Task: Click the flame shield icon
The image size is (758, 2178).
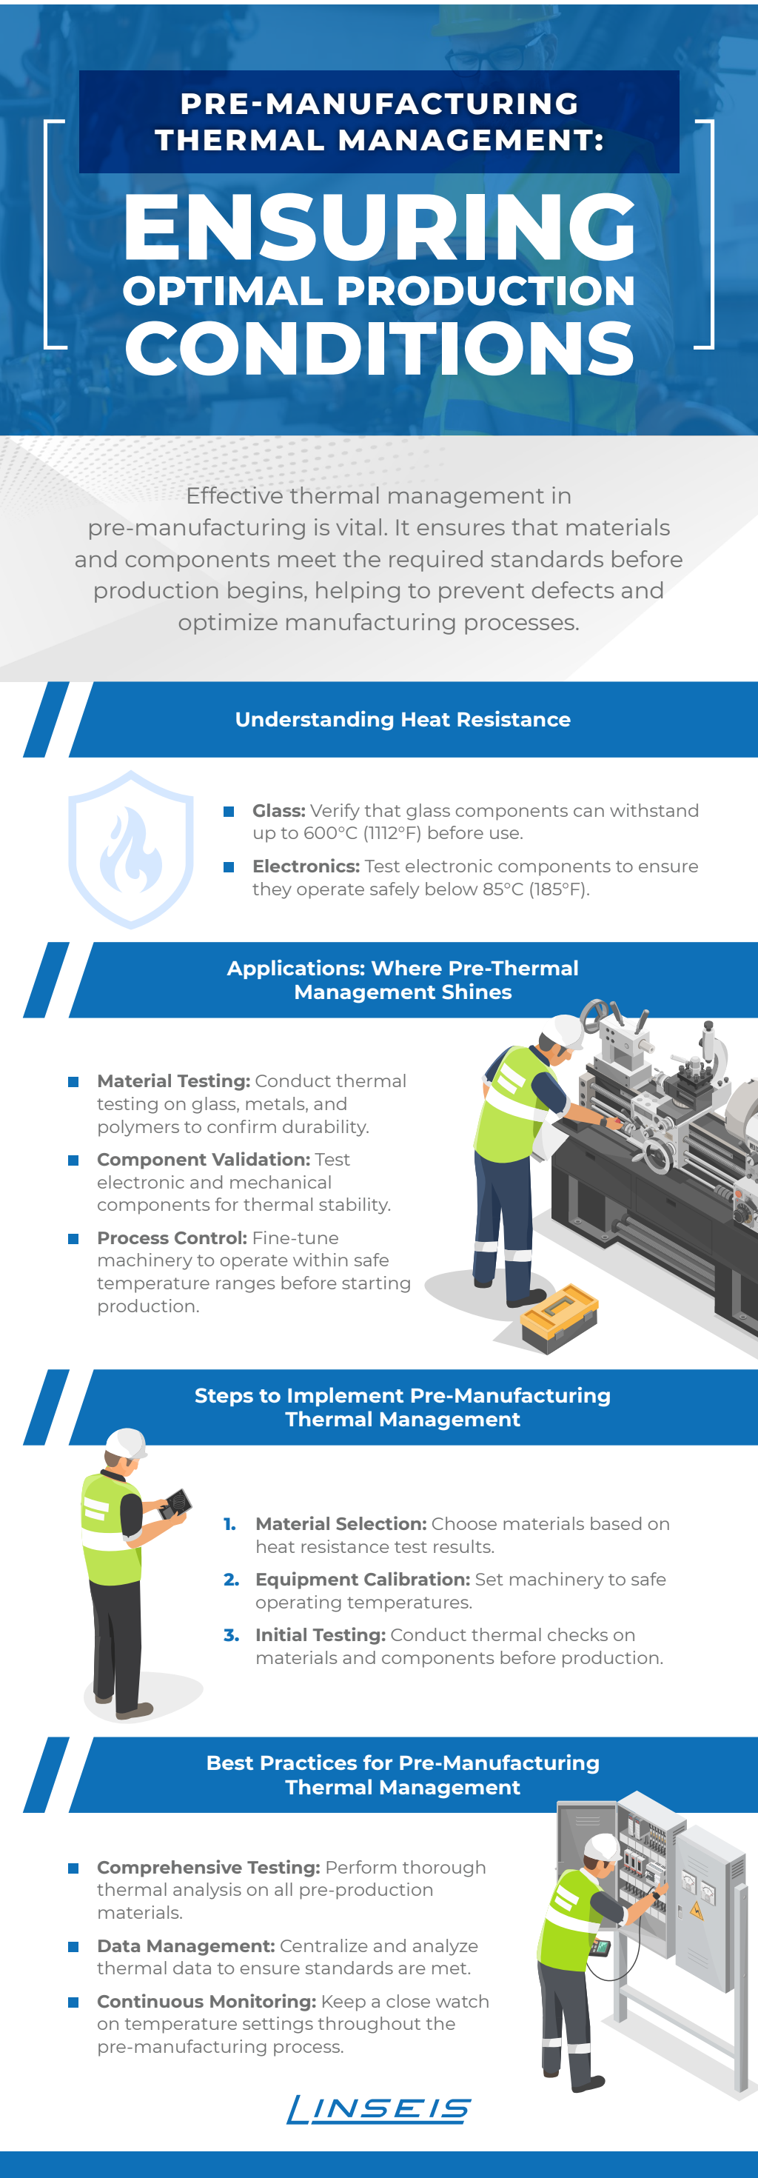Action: (130, 849)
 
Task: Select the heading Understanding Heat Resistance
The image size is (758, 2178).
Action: (403, 720)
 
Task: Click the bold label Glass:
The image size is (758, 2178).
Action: (279, 811)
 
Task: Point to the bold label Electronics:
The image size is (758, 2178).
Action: (306, 866)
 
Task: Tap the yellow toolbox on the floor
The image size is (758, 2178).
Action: (559, 1318)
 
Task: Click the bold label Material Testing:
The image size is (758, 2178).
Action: (173, 1081)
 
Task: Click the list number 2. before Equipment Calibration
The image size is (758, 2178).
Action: (231, 1580)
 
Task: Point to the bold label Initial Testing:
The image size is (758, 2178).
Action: (321, 1635)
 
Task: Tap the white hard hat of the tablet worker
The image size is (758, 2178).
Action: (126, 1444)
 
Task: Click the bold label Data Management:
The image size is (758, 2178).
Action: (186, 1945)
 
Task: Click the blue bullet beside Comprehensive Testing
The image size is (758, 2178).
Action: (73, 1868)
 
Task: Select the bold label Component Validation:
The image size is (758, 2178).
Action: (203, 1159)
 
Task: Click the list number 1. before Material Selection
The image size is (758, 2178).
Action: (230, 1523)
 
